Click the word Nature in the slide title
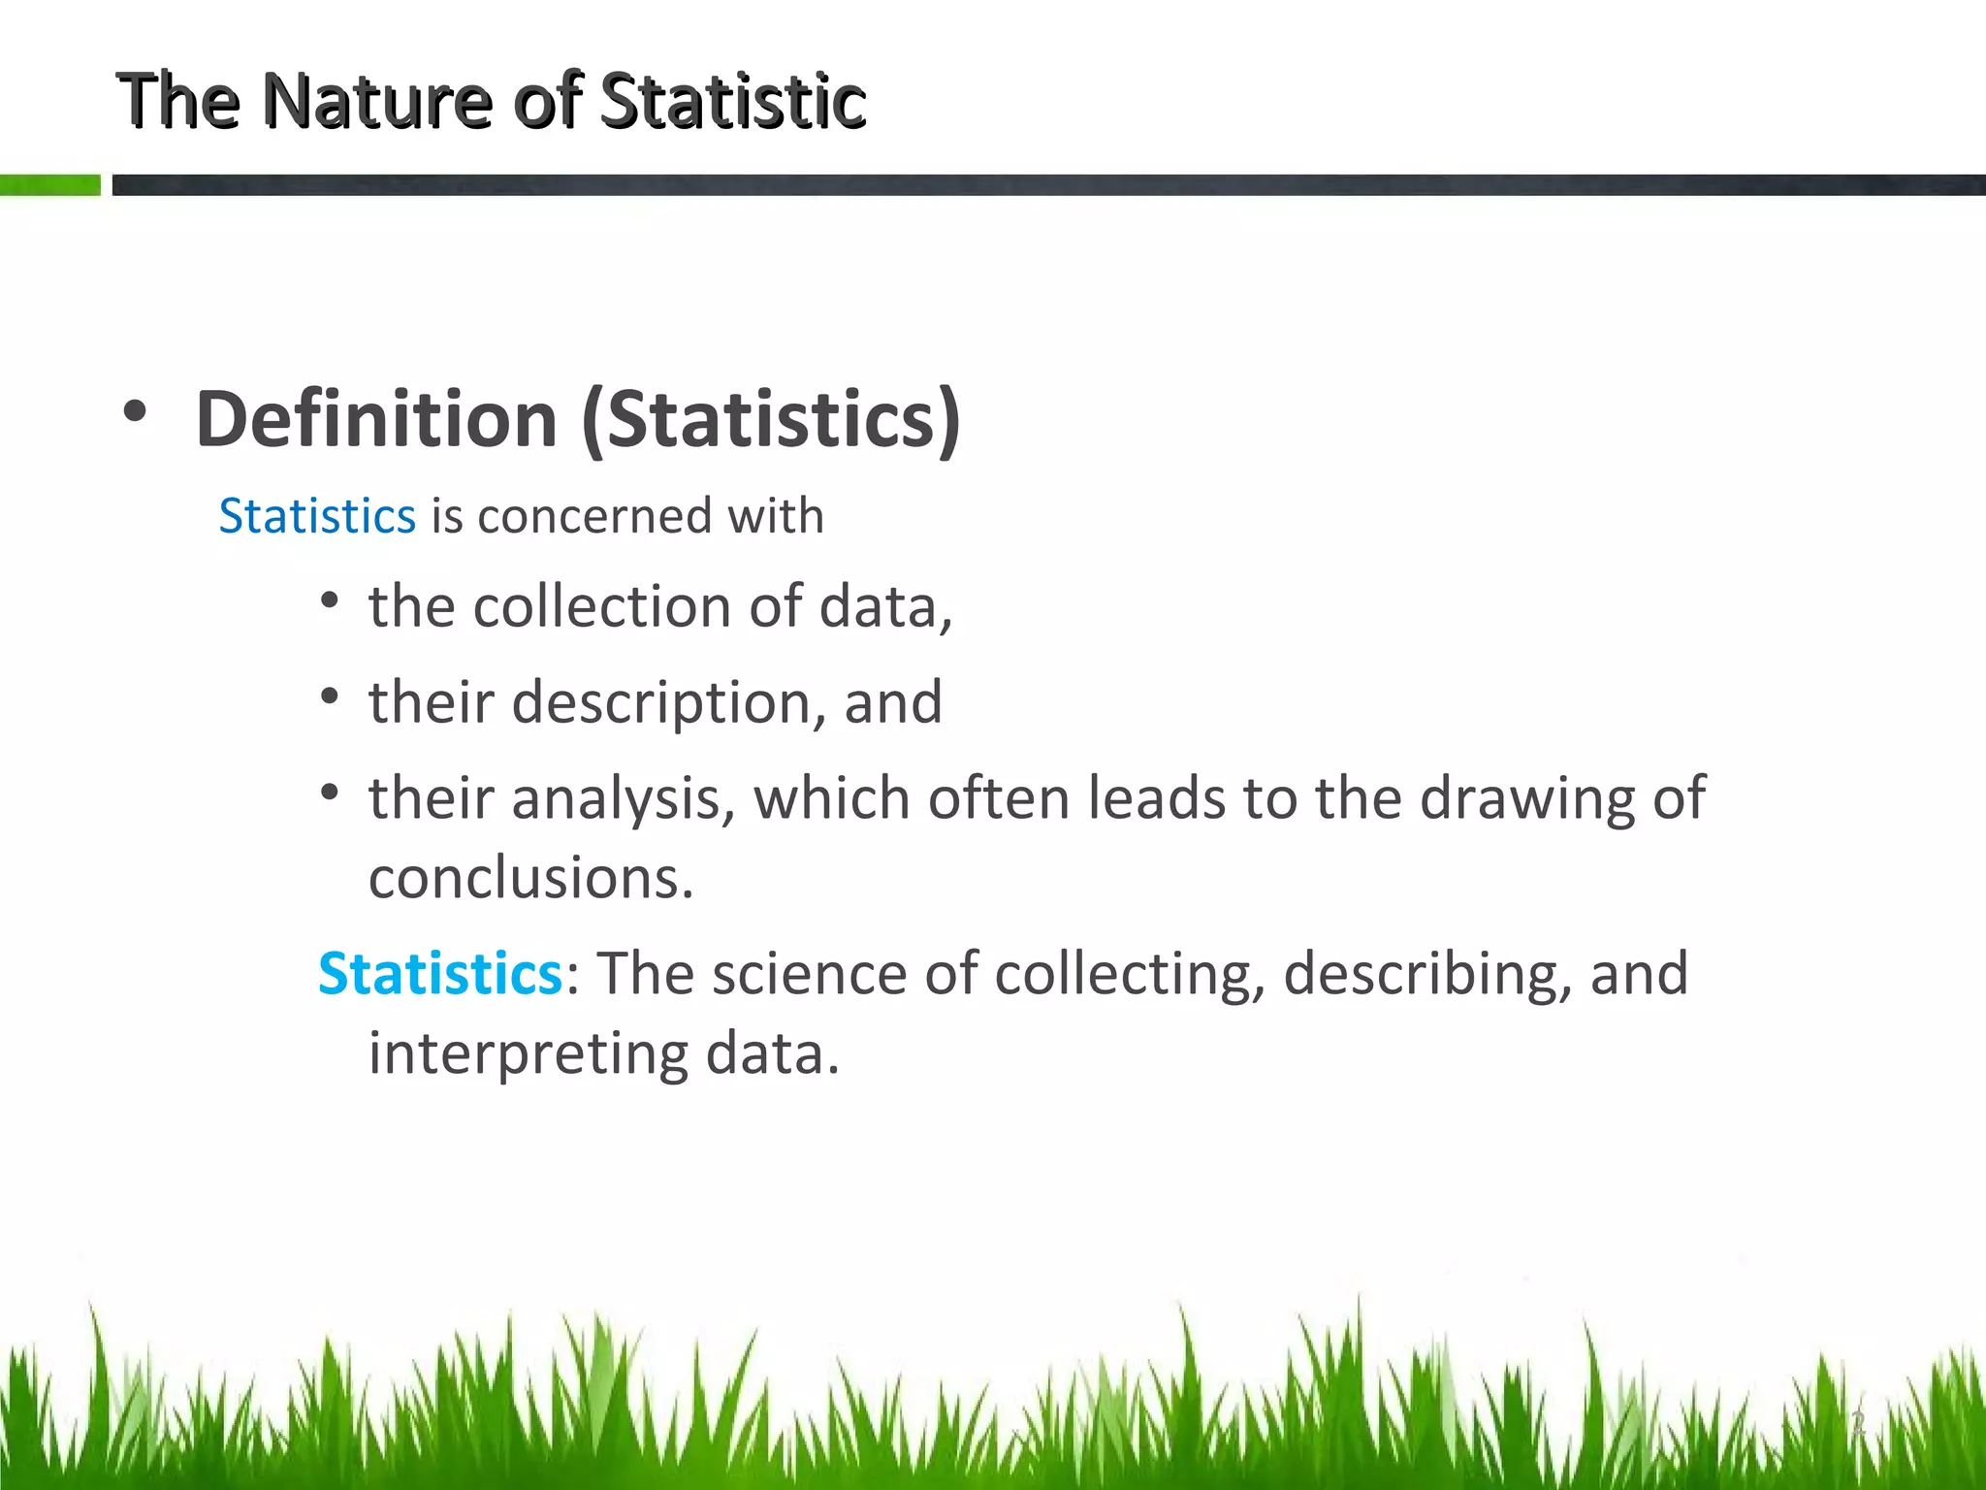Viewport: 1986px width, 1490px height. tap(377, 101)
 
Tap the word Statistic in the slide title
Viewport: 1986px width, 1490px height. tap(732, 101)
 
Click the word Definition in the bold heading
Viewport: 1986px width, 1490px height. tap(376, 419)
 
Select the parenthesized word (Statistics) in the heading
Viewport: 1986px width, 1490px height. tap(772, 419)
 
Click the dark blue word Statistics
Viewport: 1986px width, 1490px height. tap(317, 515)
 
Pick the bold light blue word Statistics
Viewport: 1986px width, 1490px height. tap(440, 973)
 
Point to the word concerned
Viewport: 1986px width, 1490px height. tap(594, 515)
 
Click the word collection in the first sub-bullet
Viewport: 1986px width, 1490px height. tap(602, 607)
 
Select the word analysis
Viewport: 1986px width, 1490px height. tap(616, 798)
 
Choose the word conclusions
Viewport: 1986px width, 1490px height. tap(530, 878)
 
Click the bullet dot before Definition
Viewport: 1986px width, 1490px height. tap(136, 412)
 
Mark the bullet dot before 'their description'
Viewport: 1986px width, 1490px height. tap(331, 696)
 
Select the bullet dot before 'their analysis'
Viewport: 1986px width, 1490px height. tap(331, 792)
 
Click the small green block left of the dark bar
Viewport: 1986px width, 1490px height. tap(50, 184)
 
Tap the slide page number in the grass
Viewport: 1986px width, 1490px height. tap(1858, 1423)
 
